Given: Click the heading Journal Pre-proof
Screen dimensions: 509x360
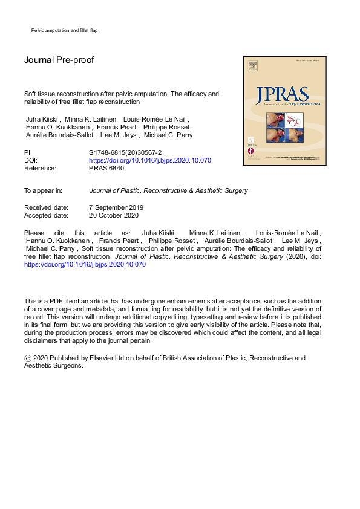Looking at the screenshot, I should point(59,60).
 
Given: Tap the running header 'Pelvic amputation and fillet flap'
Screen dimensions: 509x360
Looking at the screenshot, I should point(64,30).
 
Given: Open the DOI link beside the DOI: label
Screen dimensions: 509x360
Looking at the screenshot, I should point(150,160).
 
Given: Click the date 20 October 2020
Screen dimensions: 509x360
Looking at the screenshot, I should point(114,215).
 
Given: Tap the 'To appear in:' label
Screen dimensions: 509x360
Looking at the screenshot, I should point(43,190).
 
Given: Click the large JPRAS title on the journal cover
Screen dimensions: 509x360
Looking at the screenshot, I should point(282,96).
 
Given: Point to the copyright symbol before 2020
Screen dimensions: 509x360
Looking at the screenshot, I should point(28,358).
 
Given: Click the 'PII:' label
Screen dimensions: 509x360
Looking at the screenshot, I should point(29,152).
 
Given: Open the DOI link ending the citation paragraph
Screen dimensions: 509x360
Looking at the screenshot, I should point(85,264).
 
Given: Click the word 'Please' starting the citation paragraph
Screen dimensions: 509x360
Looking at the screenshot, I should point(34,233).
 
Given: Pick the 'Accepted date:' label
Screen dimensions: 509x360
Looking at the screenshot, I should point(46,215).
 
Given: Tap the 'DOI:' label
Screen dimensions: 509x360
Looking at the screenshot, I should point(30,160).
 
